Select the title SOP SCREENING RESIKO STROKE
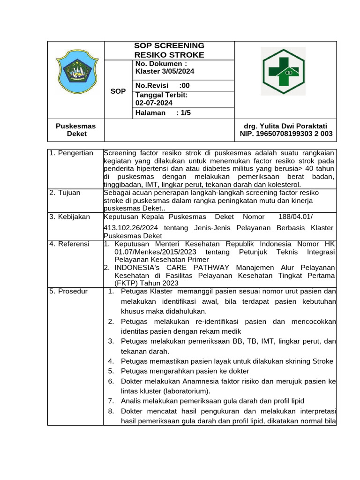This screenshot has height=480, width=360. tap(169, 50)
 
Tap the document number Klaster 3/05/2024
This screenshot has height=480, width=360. tap(165, 71)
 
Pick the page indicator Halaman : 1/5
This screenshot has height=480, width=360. tap(163, 113)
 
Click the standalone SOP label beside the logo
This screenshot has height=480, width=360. tap(118, 91)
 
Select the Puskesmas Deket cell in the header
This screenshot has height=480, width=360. tap(75, 130)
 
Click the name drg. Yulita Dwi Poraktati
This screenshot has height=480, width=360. tap(285, 126)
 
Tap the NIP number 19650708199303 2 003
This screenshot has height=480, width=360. tap(285, 134)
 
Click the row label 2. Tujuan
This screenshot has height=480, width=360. tap(65, 193)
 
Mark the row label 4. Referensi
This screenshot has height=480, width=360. tap(70, 244)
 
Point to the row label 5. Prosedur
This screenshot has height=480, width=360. tap(69, 291)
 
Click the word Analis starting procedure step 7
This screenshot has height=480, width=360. tap(131, 401)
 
